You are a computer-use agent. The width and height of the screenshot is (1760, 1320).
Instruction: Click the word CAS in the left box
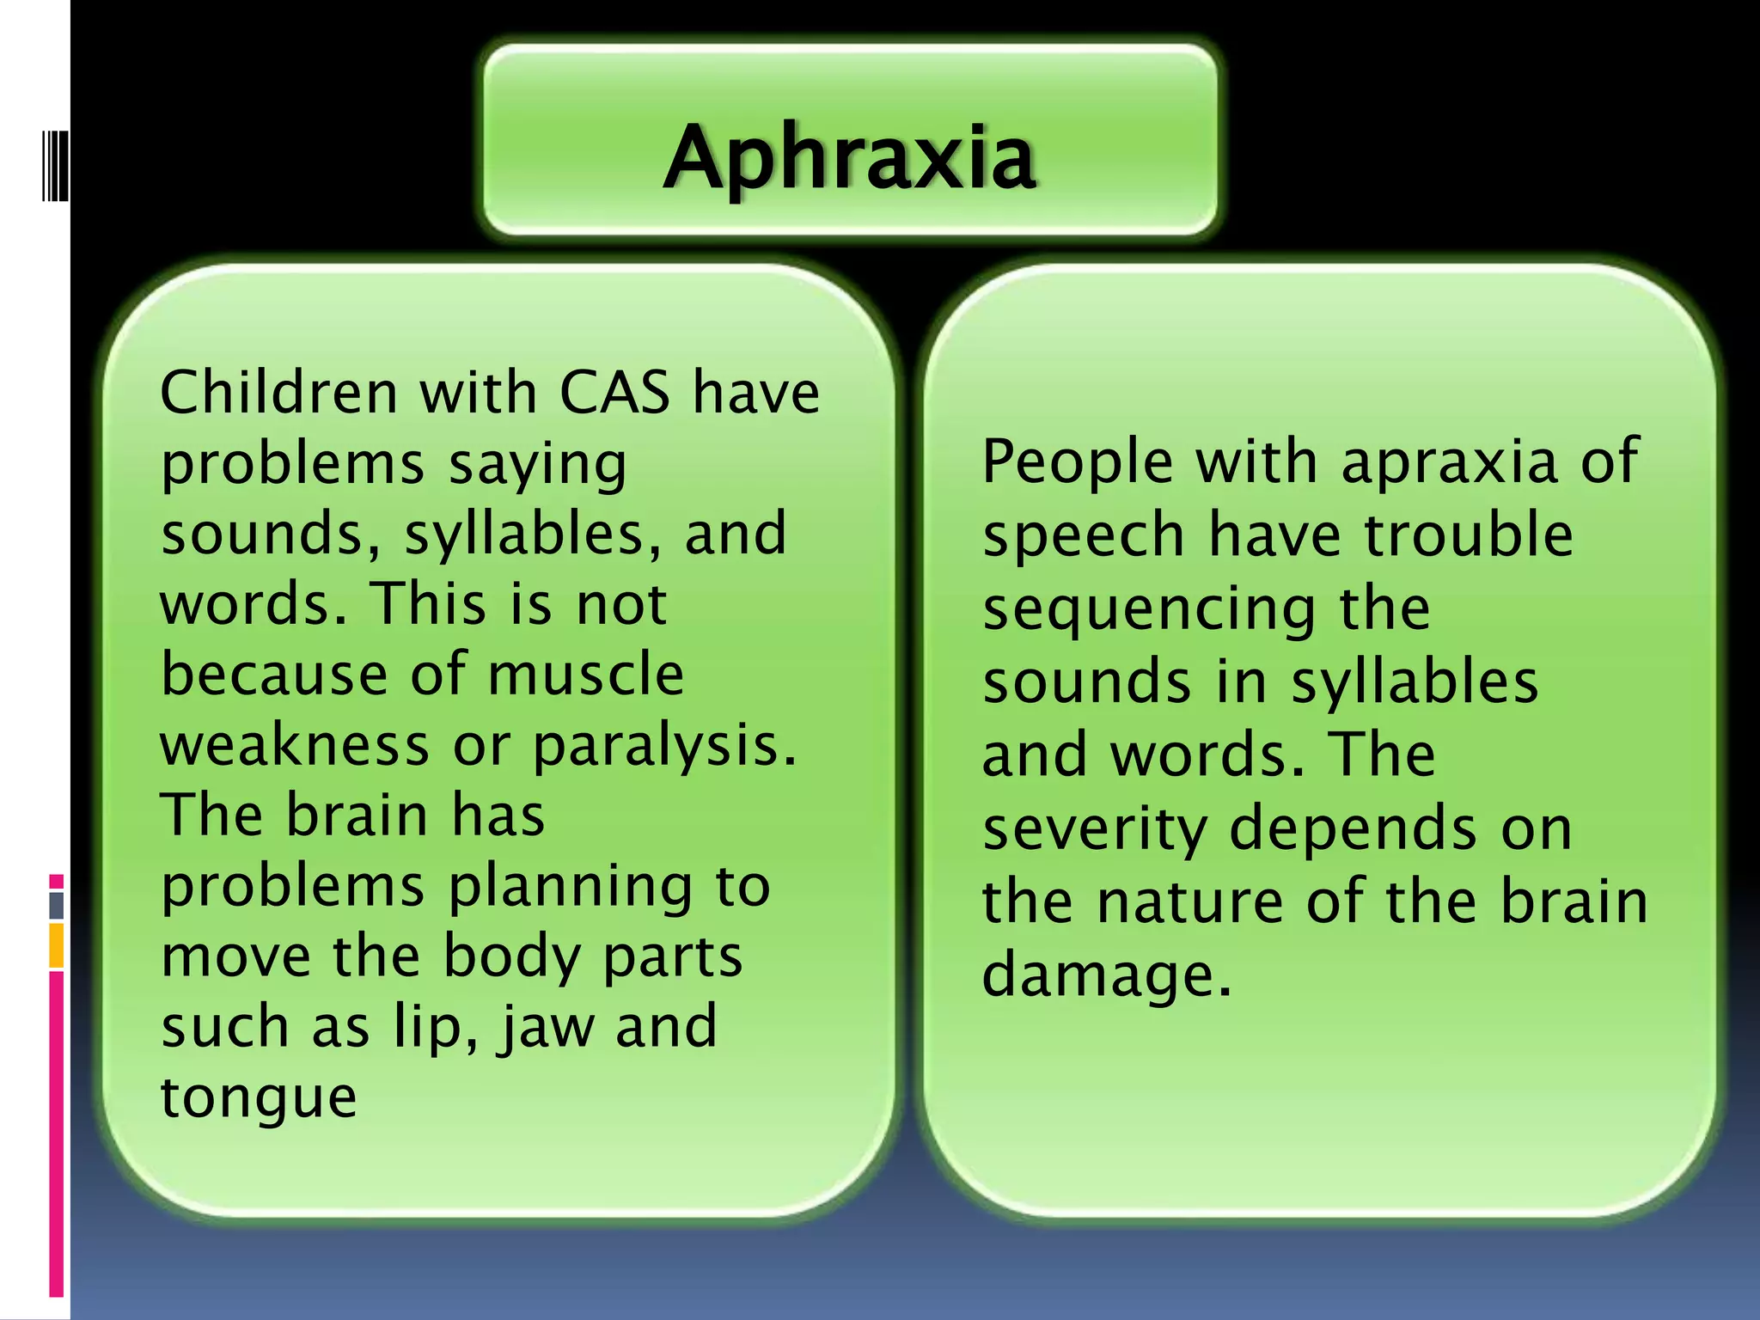pos(614,393)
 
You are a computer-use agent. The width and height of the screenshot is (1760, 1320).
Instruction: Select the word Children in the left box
pos(278,393)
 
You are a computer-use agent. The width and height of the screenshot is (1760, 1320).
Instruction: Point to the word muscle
pos(585,674)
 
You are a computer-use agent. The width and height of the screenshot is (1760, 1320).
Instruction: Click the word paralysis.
pos(664,746)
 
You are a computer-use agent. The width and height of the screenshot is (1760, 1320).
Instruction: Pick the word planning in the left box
pos(571,887)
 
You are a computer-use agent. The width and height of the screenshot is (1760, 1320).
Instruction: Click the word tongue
pos(258,1098)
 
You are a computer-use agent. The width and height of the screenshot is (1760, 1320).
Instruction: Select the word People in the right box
pos(1077,461)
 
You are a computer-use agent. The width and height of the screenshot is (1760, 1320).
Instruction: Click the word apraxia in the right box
pos(1448,461)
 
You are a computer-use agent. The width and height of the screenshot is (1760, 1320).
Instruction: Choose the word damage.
pos(1107,976)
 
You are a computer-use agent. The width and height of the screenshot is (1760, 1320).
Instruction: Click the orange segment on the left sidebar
pos(57,945)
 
